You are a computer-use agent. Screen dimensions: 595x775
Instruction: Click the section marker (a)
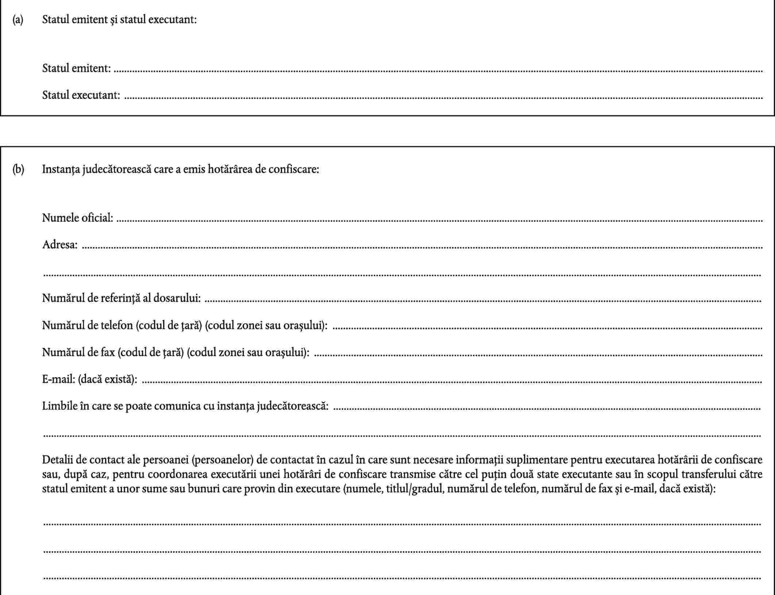coord(18,20)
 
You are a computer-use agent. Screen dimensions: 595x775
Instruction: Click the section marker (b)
coord(18,169)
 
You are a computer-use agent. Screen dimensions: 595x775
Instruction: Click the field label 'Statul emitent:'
coord(76,68)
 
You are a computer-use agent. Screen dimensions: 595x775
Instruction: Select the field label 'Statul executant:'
coord(81,95)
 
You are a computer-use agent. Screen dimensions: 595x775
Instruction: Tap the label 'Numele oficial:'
coord(77,218)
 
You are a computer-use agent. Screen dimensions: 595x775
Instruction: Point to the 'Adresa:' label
coord(60,244)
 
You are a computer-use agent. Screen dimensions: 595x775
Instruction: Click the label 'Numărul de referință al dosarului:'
coord(121,298)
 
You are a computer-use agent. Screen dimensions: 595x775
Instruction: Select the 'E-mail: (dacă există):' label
coord(90,379)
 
